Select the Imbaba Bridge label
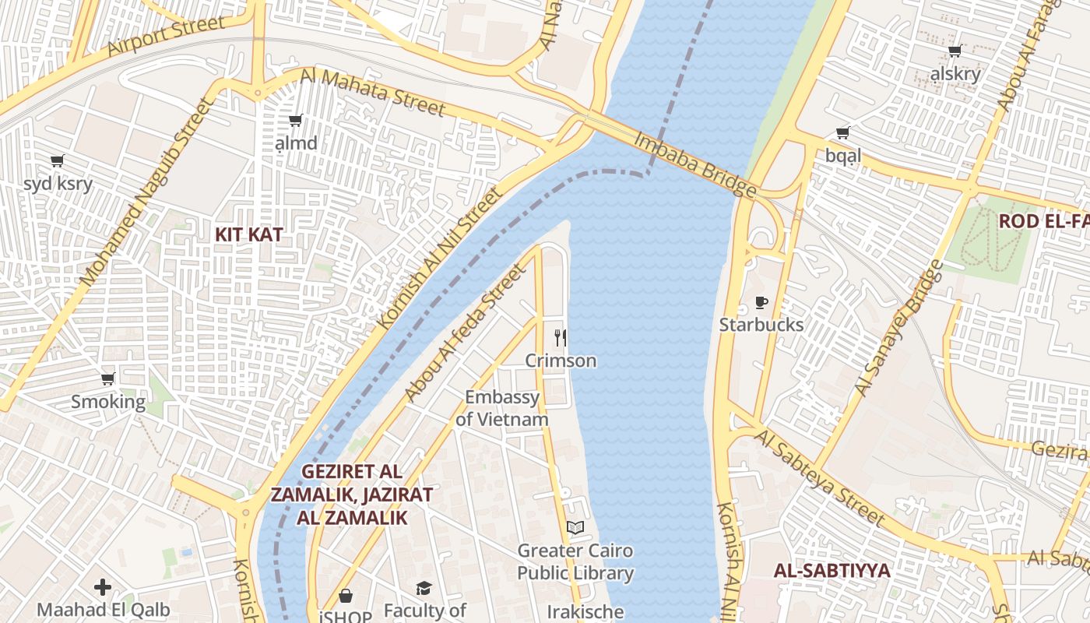[x=694, y=164]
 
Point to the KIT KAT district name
[x=249, y=234]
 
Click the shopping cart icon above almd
[x=296, y=120]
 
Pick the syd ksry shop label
[x=58, y=184]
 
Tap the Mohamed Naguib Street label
[x=145, y=192]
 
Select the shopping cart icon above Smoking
[x=108, y=378]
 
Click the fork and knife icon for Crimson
[x=561, y=337]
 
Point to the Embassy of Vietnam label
[x=502, y=408]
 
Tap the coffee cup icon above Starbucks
[x=761, y=302]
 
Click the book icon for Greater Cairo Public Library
[x=575, y=527]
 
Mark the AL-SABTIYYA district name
[x=832, y=570]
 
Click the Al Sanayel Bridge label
[x=898, y=328]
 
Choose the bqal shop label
[x=843, y=156]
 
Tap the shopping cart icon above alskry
[x=955, y=51]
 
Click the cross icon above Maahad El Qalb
[x=103, y=586]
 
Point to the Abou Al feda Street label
[x=466, y=333]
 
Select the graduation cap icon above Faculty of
[x=424, y=588]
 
